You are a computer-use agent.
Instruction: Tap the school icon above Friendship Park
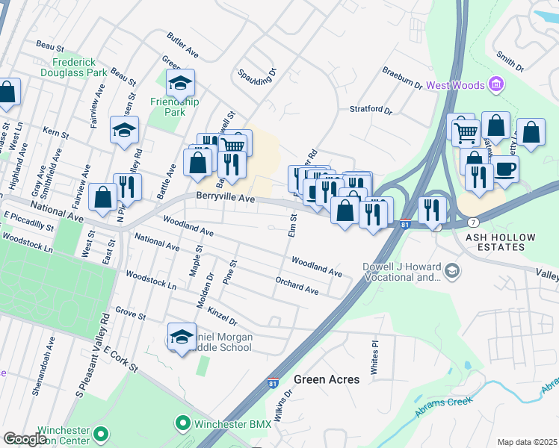179,84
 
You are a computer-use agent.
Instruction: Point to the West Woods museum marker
496,85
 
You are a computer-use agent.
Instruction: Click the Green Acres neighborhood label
327,379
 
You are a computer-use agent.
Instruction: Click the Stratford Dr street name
371,110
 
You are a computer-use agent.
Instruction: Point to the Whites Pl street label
375,348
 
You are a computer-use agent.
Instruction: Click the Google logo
25,439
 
